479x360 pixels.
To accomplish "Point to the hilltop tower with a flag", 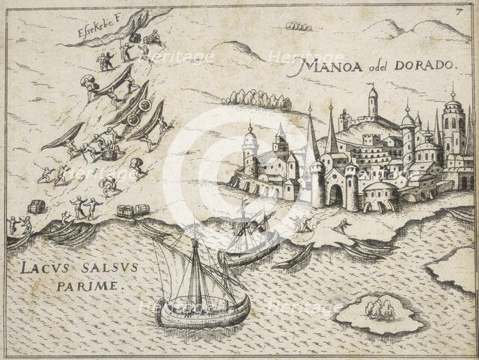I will [x=372, y=101].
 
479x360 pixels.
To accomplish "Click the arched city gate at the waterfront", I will [x=334, y=196].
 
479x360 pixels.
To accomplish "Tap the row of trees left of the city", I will [x=257, y=98].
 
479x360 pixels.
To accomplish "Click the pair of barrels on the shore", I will [x=133, y=210].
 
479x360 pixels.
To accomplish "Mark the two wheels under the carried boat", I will [x=139, y=112].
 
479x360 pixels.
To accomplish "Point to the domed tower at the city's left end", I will [x=250, y=146].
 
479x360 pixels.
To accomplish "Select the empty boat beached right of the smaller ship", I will [x=293, y=257].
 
